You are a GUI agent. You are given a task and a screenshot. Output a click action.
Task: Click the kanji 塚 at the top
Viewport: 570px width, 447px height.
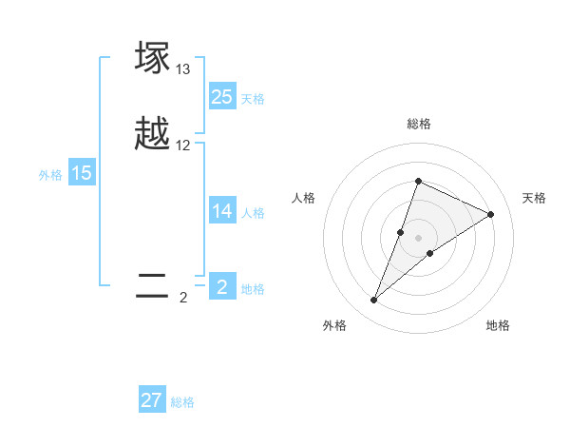click(x=153, y=57)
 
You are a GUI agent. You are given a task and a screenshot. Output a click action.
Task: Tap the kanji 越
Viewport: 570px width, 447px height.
click(x=153, y=133)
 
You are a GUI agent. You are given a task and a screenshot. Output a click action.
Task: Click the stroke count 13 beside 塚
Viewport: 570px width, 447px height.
click(x=183, y=69)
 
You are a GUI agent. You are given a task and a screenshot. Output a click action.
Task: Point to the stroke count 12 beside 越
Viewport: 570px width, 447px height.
click(x=183, y=146)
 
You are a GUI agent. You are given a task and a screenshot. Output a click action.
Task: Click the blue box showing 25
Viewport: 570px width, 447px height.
click(x=221, y=97)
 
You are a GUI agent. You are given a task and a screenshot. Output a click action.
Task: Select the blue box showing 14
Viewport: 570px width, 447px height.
click(x=221, y=211)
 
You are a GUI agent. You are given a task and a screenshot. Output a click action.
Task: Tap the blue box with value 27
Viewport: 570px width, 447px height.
click(x=152, y=400)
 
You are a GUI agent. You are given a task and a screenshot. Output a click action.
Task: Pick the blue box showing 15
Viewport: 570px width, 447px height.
click(x=82, y=173)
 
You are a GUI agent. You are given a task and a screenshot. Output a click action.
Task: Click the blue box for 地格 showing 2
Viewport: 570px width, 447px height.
click(x=221, y=287)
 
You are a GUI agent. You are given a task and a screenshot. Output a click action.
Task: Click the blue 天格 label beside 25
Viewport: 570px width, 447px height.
click(x=253, y=99)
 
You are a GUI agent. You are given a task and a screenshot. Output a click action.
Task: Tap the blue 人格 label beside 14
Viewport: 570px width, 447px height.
click(x=253, y=213)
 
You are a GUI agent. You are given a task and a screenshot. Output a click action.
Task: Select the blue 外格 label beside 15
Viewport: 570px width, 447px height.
click(x=50, y=175)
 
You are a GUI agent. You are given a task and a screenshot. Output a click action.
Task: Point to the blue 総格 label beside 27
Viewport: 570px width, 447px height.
click(x=182, y=402)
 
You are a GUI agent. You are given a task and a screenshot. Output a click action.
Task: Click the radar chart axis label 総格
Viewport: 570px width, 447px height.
click(x=418, y=124)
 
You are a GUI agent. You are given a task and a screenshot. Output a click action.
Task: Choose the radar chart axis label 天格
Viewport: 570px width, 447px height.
click(x=535, y=198)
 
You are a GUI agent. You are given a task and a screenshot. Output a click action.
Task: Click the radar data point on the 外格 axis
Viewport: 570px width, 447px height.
click(x=374, y=301)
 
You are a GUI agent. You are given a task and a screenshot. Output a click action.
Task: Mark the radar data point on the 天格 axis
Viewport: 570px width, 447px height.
click(x=491, y=214)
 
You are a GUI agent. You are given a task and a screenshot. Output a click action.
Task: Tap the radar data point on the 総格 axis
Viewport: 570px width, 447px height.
click(x=418, y=181)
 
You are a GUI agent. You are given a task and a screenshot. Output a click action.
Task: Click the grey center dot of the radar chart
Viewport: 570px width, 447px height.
click(x=418, y=238)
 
